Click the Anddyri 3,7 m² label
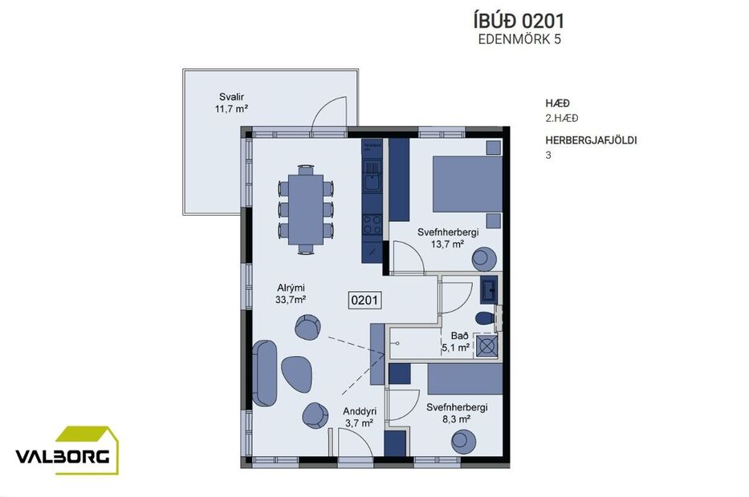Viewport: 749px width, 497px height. click(x=359, y=417)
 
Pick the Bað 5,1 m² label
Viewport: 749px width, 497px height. click(x=455, y=343)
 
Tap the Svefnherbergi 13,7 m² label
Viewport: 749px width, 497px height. click(x=447, y=238)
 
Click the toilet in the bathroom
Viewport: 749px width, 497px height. click(x=485, y=318)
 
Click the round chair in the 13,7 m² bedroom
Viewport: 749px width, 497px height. click(x=483, y=258)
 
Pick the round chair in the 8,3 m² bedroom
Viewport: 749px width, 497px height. click(x=462, y=440)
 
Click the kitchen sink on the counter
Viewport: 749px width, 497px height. click(x=371, y=183)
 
